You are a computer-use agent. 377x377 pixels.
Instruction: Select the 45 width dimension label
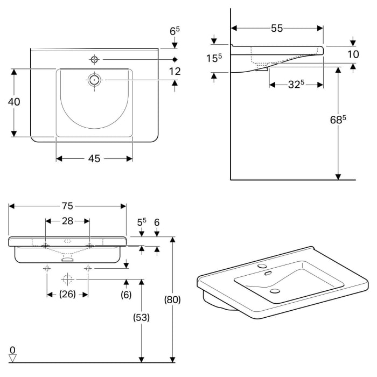click(x=95, y=158)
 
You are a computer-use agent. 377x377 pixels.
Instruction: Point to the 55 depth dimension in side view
click(x=277, y=28)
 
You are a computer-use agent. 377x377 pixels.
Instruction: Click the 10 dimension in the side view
click(x=353, y=54)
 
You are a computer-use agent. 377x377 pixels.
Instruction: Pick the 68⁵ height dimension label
click(x=337, y=120)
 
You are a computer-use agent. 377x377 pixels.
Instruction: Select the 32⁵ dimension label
click(x=296, y=84)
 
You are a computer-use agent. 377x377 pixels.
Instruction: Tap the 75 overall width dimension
click(x=67, y=206)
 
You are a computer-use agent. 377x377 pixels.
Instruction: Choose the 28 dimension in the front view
click(x=67, y=221)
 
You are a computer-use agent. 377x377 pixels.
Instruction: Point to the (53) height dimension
click(x=141, y=317)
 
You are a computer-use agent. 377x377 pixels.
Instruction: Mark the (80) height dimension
click(x=172, y=299)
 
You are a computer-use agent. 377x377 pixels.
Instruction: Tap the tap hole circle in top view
click(x=95, y=59)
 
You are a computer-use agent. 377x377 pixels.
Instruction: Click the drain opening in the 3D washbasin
click(x=275, y=291)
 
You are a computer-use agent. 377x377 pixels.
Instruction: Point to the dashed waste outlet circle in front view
click(x=67, y=279)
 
